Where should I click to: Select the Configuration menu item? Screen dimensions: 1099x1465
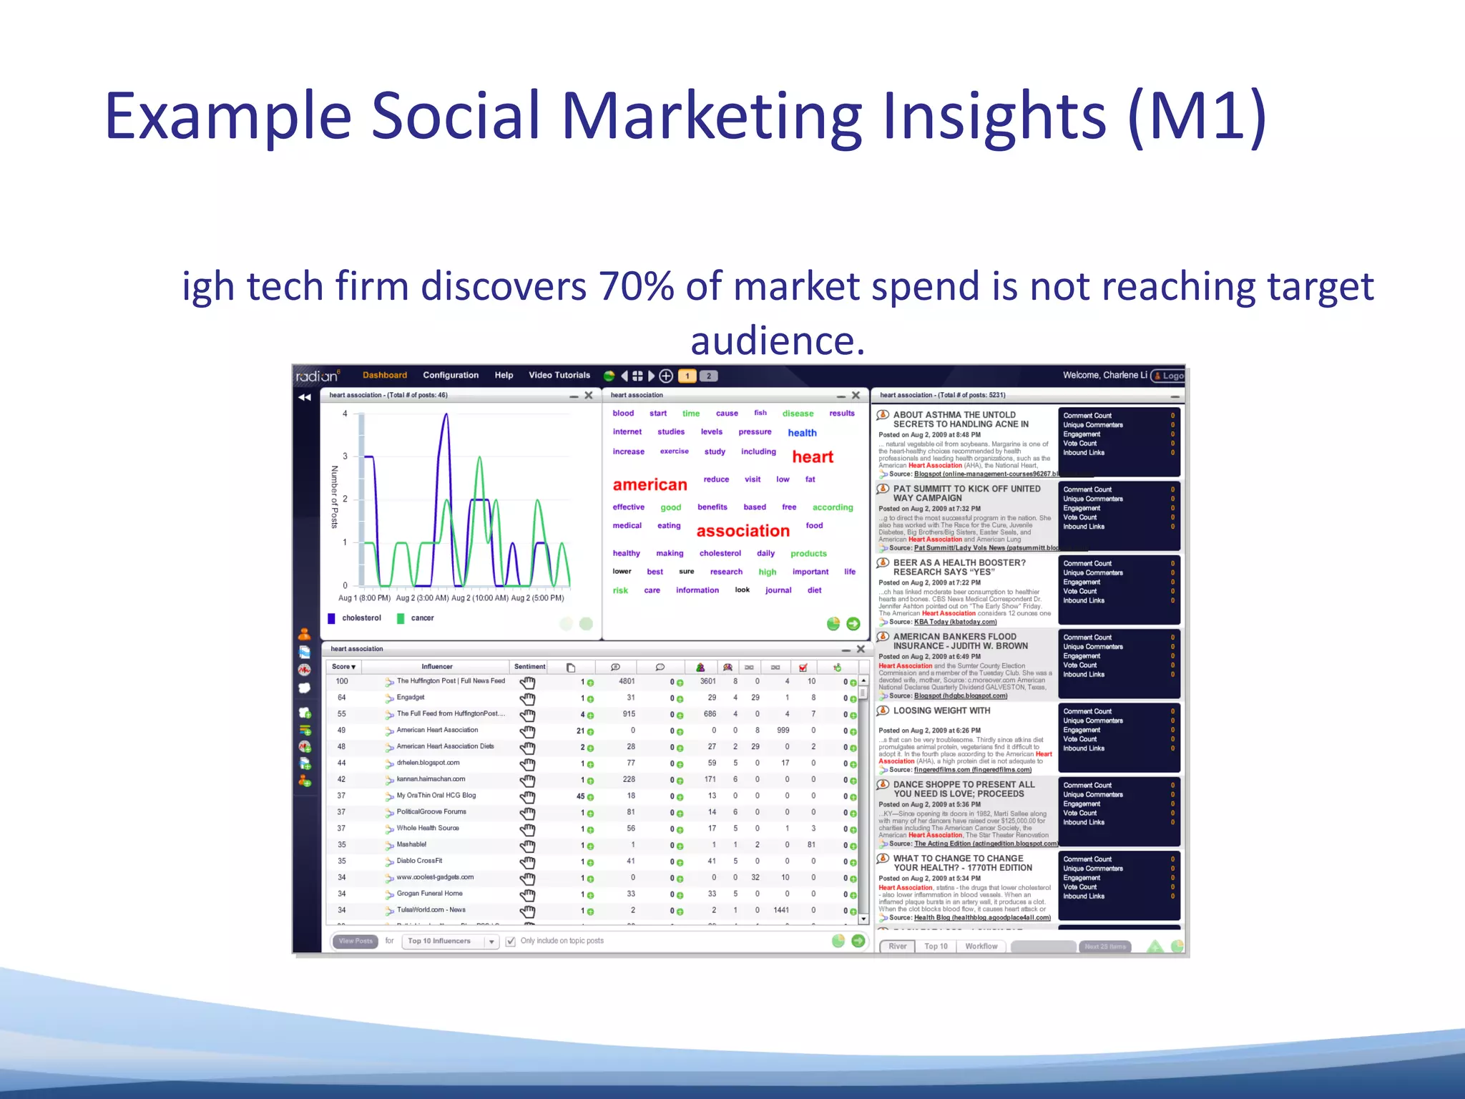pyautogui.click(x=450, y=375)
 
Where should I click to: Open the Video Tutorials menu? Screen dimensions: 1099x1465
pyautogui.click(x=559, y=375)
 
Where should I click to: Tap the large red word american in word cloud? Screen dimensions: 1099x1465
pyautogui.click(x=650, y=485)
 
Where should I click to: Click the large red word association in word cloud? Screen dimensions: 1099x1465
pyautogui.click(x=743, y=531)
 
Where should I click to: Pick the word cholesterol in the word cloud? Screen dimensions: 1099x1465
pyautogui.click(x=720, y=553)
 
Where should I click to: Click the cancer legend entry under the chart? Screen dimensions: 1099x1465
pyautogui.click(x=421, y=618)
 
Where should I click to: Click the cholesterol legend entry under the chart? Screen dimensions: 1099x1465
pyautogui.click(x=361, y=618)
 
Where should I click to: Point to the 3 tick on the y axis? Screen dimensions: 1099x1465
pyautogui.click(x=345, y=456)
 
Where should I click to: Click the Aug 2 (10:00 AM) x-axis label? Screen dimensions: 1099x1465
pyautogui.click(x=479, y=598)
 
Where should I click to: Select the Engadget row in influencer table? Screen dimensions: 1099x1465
pyautogui.click(x=411, y=698)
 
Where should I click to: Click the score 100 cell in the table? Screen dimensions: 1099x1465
pyautogui.click(x=342, y=681)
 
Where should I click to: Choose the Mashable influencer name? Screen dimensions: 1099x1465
pyautogui.click(x=411, y=844)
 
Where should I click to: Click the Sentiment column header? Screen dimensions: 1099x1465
pyautogui.click(x=529, y=667)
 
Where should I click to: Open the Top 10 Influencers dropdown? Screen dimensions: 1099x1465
pyautogui.click(x=451, y=942)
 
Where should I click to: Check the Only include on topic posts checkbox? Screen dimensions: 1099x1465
pyautogui.click(x=511, y=942)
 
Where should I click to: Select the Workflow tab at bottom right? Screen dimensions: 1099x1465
pyautogui.click(x=981, y=947)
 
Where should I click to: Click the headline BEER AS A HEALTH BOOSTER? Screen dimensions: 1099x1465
pyautogui.click(x=959, y=563)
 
